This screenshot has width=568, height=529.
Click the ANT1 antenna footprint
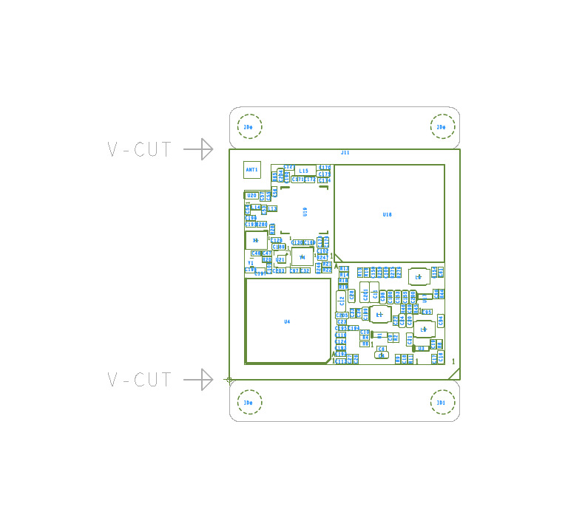pos(252,170)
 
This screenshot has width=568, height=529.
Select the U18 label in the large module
pos(388,215)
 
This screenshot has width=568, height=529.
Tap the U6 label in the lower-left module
pos(287,321)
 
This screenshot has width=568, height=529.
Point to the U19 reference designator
pos(305,211)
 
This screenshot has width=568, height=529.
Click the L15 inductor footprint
pos(304,171)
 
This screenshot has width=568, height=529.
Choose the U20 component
pos(252,196)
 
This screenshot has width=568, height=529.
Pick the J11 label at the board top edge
pos(345,152)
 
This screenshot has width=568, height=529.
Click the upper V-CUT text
pos(140,150)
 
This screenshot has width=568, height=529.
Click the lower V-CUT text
pos(140,380)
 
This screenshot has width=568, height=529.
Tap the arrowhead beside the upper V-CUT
pos(206,149)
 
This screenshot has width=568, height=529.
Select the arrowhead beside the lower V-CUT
pos(206,380)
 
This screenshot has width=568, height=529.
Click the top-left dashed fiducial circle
pos(250,126)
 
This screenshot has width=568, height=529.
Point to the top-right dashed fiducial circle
pos(442,126)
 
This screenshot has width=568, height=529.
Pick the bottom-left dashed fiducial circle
pos(250,403)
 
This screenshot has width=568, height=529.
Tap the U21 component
pos(281,260)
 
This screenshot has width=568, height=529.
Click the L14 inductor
pos(256,208)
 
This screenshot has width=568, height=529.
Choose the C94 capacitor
pos(440,320)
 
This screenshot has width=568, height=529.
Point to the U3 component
pos(421,348)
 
